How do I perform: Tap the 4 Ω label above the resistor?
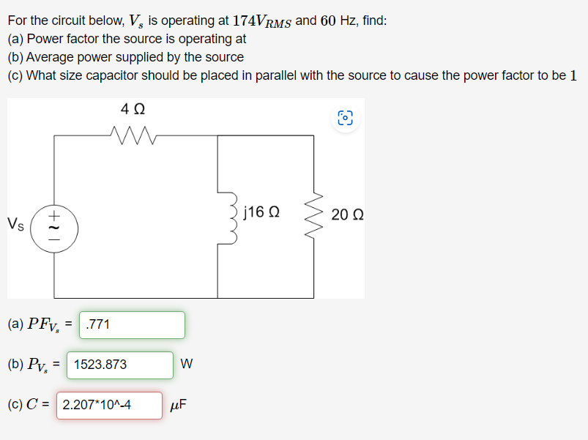pos(133,109)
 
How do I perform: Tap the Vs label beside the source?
pos(15,223)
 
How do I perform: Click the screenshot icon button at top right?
pos(346,119)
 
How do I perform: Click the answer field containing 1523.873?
pos(120,365)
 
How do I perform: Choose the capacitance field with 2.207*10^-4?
pos(109,405)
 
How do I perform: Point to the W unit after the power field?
pos(186,365)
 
